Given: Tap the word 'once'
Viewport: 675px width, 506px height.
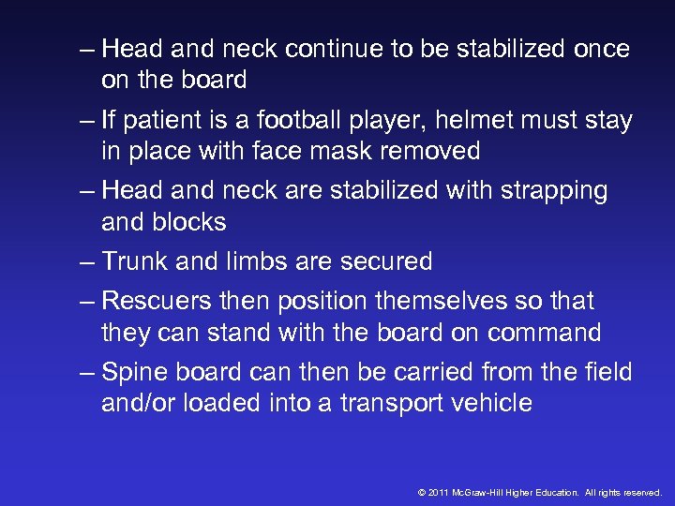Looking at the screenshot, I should tap(597, 49).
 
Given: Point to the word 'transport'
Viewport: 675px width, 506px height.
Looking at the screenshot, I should tap(376, 404).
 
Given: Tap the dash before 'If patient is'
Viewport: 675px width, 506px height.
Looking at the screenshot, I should tap(88, 121).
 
